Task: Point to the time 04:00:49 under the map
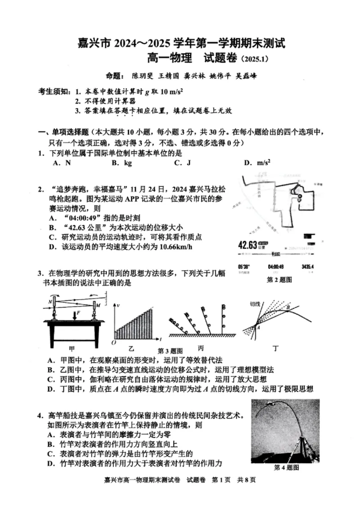tap(275, 267)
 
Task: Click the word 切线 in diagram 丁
tap(256, 304)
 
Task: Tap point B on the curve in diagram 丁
tap(288, 307)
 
